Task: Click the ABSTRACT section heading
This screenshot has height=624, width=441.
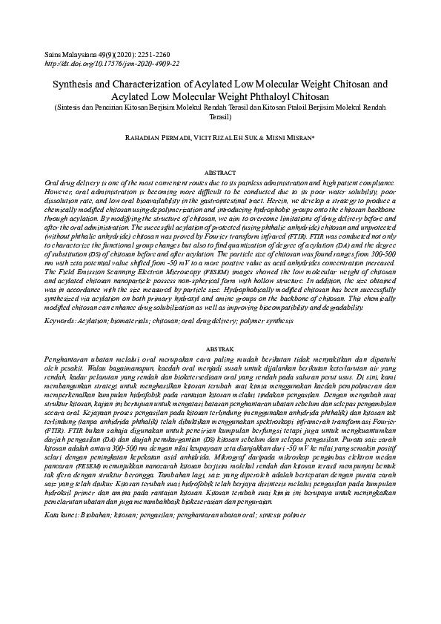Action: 220,172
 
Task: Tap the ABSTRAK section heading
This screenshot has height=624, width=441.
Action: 220,348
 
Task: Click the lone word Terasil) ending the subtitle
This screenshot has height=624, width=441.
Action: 220,117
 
